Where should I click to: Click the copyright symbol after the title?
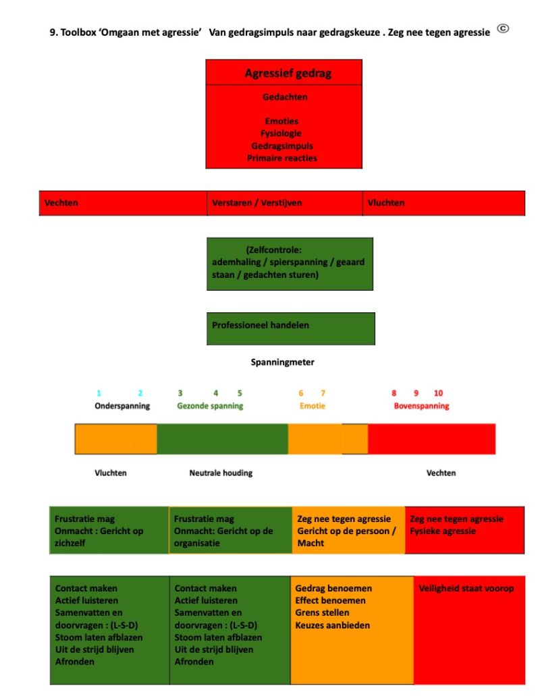coord(503,29)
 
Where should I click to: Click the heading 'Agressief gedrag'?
coord(288,74)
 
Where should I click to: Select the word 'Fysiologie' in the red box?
coord(281,133)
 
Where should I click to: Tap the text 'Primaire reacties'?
coord(282,158)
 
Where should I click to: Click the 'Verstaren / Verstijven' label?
coord(256,203)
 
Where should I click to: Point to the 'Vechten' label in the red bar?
coord(61,203)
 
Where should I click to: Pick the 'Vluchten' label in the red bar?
coord(386,203)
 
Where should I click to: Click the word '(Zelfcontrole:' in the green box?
coord(273,250)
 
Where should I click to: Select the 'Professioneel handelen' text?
coord(261,325)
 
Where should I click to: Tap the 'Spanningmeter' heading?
coord(282,362)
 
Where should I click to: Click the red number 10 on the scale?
coord(438,393)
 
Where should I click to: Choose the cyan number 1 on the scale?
coord(99,393)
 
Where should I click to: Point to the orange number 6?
coord(300,393)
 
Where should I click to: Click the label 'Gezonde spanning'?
coord(210,406)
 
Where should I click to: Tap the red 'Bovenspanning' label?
coord(421,406)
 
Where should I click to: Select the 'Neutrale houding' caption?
coord(221,473)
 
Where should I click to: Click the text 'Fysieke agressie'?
coord(443,531)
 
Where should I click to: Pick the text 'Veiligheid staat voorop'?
coord(466,589)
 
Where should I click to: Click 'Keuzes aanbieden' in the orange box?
coord(333,625)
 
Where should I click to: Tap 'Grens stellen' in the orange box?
coord(323,612)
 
